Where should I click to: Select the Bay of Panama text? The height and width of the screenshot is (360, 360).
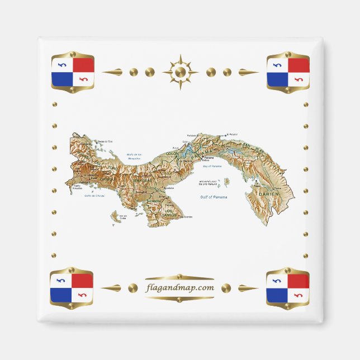(212, 167)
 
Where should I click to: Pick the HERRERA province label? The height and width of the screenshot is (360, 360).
(154, 201)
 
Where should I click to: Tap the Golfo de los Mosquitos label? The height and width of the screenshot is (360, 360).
(134, 157)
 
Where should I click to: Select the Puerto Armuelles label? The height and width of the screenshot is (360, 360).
(77, 187)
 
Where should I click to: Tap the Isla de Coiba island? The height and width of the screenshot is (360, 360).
(117, 215)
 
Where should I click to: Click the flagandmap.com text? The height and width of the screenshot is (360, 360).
(179, 288)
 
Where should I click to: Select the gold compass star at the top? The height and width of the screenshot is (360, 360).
(180, 72)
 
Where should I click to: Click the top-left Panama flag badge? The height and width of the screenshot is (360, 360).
(73, 72)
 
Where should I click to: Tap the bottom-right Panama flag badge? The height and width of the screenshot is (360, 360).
(287, 288)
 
